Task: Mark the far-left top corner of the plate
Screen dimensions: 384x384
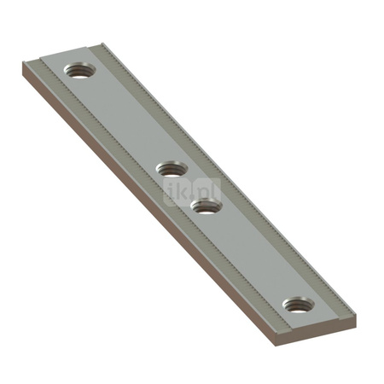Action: tap(21, 62)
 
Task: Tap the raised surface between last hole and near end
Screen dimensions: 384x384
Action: tap(307, 321)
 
